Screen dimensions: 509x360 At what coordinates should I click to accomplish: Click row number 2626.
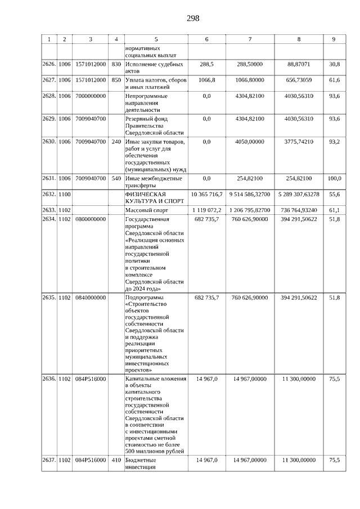49,65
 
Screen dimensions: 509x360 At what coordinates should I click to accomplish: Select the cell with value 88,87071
299,65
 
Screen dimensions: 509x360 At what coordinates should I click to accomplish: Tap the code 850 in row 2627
116,80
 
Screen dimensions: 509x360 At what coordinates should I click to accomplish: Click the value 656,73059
299,80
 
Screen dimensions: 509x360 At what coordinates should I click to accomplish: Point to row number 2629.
49,119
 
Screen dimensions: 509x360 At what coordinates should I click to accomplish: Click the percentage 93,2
334,141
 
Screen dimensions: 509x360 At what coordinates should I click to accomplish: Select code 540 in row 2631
116,178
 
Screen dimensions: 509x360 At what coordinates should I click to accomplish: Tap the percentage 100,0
334,178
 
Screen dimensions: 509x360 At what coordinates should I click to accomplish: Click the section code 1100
65,194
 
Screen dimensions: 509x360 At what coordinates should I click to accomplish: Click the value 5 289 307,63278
299,194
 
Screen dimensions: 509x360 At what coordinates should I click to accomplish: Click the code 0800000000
91,219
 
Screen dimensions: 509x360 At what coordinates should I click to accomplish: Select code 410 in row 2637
116,460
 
